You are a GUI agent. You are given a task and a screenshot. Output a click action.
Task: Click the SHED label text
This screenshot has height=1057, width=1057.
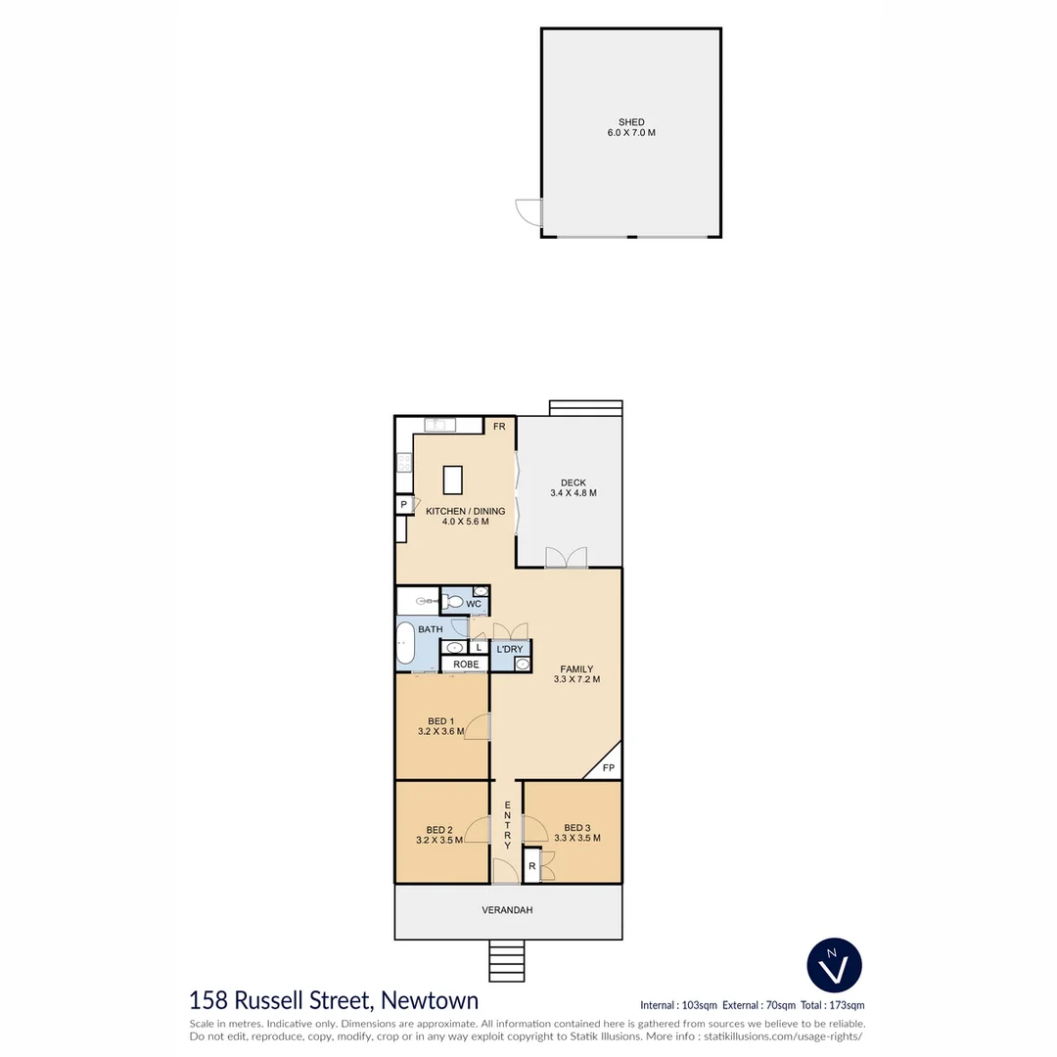point(631,122)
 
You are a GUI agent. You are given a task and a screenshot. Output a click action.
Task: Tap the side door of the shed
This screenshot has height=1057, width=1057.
point(529,212)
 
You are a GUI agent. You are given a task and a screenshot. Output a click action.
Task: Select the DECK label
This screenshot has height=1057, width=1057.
point(573,483)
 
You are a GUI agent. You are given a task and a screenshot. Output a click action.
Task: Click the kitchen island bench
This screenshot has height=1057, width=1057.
point(452,480)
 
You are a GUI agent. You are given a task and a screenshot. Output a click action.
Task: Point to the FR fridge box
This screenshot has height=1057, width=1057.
point(498,427)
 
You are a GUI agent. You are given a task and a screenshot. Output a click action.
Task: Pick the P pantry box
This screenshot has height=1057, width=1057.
point(402,505)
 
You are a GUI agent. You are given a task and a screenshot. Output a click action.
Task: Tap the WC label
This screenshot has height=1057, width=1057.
point(474,605)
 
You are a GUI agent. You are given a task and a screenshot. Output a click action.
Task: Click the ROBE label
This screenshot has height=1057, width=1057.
point(466,665)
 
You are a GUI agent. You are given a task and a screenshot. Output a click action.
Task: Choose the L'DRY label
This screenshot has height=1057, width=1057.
point(509,650)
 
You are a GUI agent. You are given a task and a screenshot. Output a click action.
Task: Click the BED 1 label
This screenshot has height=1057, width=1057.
point(440,721)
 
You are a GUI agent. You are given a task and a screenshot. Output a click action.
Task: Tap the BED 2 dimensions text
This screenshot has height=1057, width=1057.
point(439,840)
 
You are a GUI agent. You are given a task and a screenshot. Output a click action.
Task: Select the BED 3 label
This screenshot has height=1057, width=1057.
point(576,827)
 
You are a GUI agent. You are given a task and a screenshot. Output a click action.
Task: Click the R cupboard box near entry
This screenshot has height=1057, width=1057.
point(531,866)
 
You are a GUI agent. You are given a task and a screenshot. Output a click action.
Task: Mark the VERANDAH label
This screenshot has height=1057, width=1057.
point(507,910)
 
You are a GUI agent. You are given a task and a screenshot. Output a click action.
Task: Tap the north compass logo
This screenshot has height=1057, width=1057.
point(834,964)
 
